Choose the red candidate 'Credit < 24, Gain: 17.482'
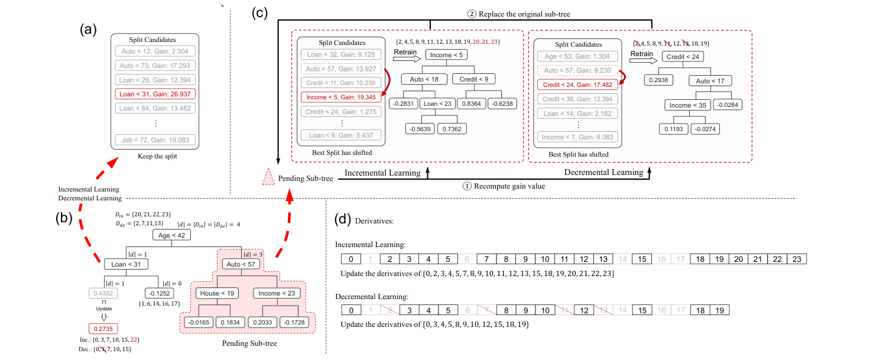coord(577,85)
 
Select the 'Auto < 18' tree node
coord(424,79)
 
